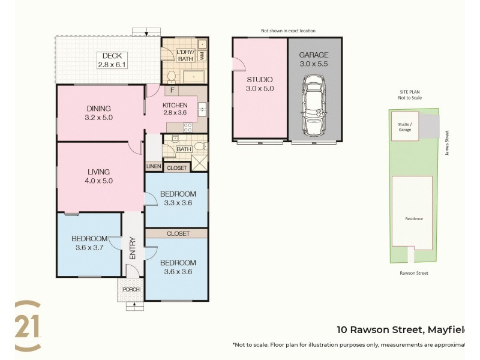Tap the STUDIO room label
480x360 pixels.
point(260,84)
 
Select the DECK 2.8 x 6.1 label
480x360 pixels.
point(112,60)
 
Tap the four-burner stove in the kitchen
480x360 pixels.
point(187,127)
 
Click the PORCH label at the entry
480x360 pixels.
point(131,289)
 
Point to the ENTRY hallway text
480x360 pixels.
point(133,249)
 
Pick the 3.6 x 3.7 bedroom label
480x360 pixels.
point(89,242)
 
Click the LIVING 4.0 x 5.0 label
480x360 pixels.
point(99,176)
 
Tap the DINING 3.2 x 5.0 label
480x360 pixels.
point(98,113)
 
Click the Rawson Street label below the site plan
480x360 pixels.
point(413,273)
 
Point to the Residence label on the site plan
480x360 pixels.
point(413,218)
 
